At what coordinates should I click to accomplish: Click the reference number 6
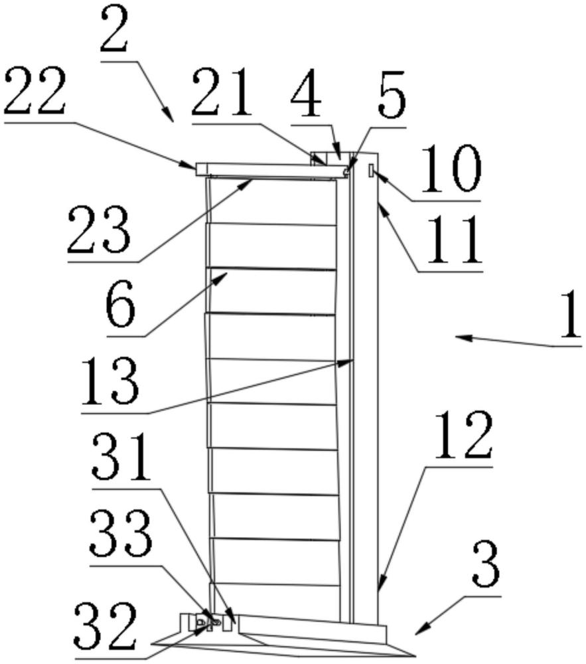click(x=120, y=307)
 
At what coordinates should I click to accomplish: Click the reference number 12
click(x=465, y=436)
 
